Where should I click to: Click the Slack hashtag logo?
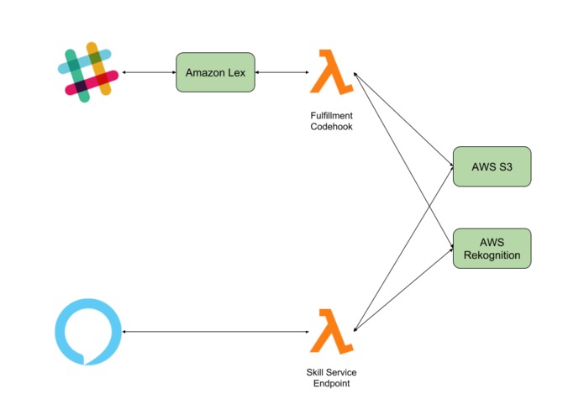[88, 72]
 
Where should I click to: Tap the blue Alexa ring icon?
[61, 331]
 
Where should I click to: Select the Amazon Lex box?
[215, 72]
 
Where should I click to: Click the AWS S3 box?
[492, 166]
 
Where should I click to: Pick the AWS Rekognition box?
[492, 249]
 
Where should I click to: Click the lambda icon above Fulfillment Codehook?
[331, 71]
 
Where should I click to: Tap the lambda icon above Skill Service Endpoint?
[331, 331]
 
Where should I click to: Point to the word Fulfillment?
[331, 115]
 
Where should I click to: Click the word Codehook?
[331, 127]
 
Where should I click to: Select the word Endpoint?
[331, 383]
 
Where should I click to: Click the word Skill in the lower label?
[315, 372]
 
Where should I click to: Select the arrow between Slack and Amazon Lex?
[149, 72]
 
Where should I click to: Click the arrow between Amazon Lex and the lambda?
[282, 72]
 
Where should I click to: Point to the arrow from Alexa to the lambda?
[216, 331]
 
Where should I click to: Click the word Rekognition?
[492, 255]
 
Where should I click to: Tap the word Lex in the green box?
[237, 72]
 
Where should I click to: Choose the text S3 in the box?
[505, 166]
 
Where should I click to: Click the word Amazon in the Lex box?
[206, 72]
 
